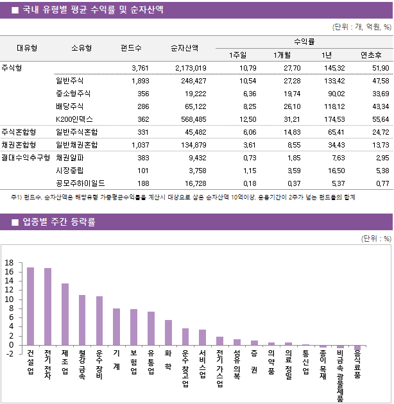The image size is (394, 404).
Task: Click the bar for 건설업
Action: (x=30, y=306)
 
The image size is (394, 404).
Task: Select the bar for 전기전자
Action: (x=47, y=307)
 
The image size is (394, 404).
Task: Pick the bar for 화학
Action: (x=168, y=332)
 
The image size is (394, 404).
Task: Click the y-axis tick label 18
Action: (x=9, y=263)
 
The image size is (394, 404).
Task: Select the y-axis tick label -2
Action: (x=9, y=354)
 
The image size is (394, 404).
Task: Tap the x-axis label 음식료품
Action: (x=357, y=364)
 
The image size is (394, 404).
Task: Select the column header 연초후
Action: (x=372, y=55)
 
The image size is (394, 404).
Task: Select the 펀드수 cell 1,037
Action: (x=139, y=144)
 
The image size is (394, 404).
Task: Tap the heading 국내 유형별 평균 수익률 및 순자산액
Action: (x=92, y=10)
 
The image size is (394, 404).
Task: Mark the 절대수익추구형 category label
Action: (x=26, y=156)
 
